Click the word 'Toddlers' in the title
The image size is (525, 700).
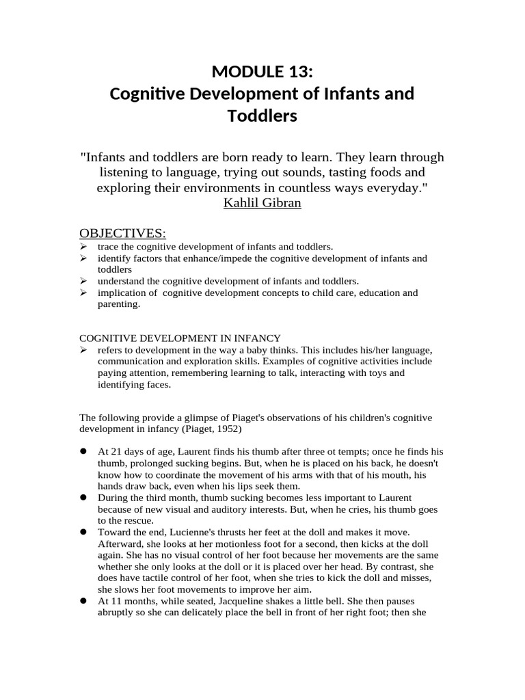pos(262,116)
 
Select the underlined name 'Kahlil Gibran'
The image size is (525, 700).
pos(262,203)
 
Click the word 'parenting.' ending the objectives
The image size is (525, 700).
pos(119,305)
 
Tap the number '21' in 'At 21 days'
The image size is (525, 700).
pos(116,452)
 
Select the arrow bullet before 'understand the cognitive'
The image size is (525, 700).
pos(83,281)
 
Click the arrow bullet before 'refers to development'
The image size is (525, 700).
pos(83,350)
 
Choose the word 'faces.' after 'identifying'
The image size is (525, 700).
pos(157,385)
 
